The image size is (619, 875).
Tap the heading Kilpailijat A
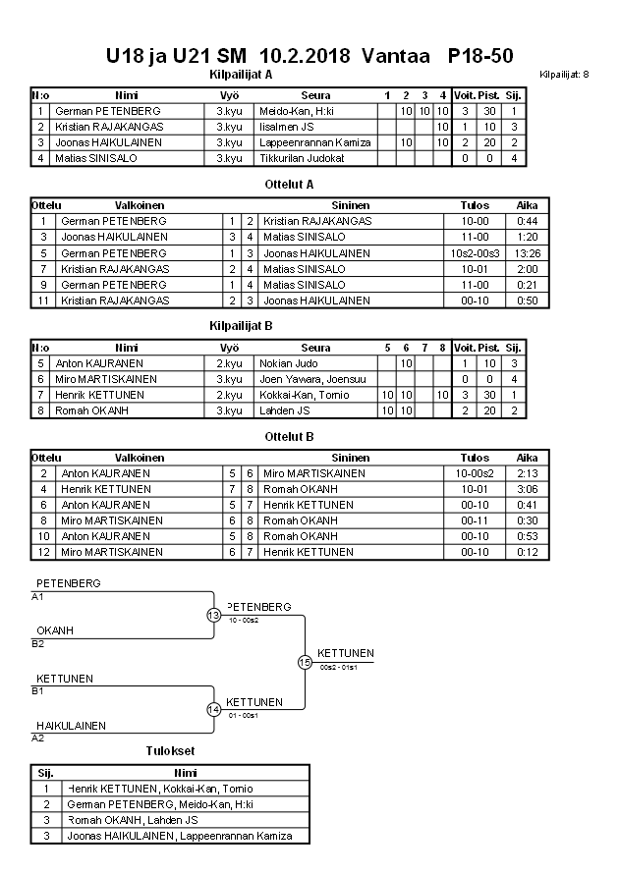click(x=241, y=74)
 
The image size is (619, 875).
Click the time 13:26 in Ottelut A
click(x=526, y=252)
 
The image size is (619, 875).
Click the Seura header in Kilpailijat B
click(x=315, y=347)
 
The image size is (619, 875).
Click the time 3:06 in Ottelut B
click(x=526, y=489)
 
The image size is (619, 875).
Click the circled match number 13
click(x=213, y=615)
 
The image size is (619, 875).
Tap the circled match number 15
click(x=305, y=662)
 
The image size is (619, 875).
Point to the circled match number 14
click(x=213, y=709)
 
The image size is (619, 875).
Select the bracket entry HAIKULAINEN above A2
click(x=71, y=726)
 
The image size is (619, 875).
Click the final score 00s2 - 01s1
click(x=339, y=668)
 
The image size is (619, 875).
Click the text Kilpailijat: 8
click(x=564, y=75)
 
